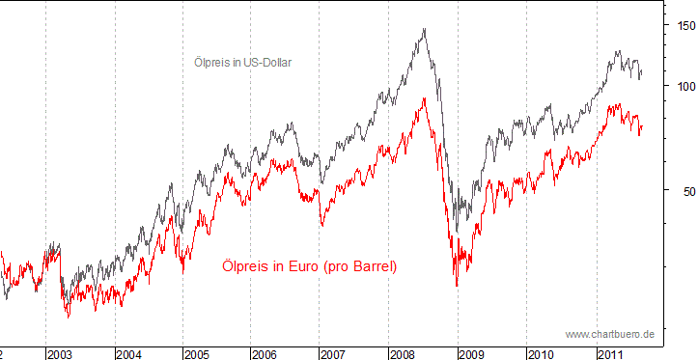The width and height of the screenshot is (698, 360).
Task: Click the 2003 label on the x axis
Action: tap(61, 354)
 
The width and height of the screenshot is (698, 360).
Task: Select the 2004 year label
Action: tap(129, 354)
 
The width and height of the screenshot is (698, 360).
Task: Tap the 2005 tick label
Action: tap(198, 354)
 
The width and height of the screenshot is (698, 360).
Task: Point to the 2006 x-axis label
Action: tap(265, 354)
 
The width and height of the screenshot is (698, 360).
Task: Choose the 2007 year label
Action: tap(334, 354)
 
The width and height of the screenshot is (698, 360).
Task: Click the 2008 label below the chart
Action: tap(403, 354)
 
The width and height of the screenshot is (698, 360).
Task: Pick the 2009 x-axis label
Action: tap(472, 354)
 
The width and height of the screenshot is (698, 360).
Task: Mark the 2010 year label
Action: tap(541, 354)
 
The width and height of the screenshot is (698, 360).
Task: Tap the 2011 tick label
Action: tap(608, 354)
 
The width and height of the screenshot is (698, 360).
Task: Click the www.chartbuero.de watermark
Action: tap(610, 334)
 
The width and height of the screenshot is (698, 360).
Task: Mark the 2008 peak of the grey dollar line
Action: tap(425, 29)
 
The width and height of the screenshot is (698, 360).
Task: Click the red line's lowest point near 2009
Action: tap(457, 286)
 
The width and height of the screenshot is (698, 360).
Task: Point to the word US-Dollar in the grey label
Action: tap(266, 63)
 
